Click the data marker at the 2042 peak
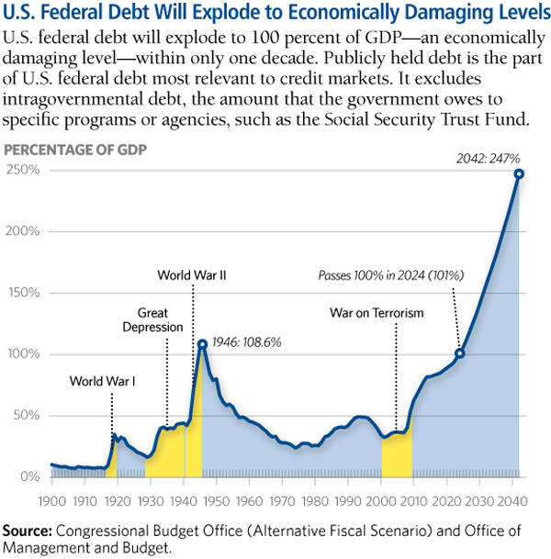tap(519, 173)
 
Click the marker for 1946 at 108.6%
tap(203, 344)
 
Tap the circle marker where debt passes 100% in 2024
tap(460, 352)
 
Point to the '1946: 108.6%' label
tap(246, 341)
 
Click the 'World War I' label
tap(103, 380)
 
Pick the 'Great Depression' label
tap(161, 319)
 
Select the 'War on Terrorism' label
tap(377, 313)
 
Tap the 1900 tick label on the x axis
tap(51, 502)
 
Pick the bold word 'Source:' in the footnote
tap(28, 531)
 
